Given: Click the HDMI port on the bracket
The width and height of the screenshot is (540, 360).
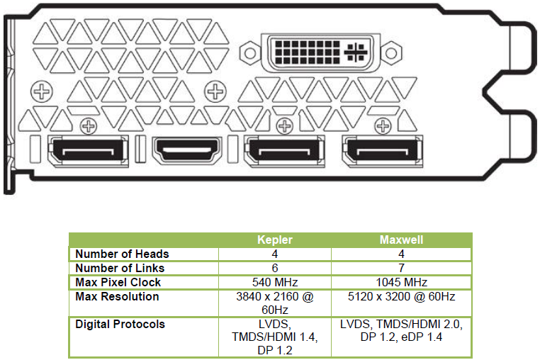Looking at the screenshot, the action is (x=187, y=150).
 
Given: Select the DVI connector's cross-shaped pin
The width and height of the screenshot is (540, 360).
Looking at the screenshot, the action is (x=356, y=52).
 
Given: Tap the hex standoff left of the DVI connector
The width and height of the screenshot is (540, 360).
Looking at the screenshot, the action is (x=250, y=53).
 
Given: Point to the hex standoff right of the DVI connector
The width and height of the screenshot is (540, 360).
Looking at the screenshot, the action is (x=391, y=53).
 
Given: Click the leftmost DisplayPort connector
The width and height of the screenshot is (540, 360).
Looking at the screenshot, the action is (x=88, y=151).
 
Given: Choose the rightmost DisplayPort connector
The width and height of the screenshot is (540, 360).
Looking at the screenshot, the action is (x=383, y=151).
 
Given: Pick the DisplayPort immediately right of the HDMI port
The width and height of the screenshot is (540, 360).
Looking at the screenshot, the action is (x=284, y=151).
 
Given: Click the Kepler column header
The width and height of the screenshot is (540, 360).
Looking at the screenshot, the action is (x=275, y=240).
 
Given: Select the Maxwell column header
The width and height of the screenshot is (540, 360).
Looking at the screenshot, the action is (x=401, y=240).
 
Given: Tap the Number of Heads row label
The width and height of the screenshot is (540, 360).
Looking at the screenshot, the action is (x=123, y=254).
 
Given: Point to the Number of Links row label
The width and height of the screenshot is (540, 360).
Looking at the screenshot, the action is (x=120, y=268).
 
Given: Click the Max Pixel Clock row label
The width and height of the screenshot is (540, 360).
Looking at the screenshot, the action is (x=118, y=282).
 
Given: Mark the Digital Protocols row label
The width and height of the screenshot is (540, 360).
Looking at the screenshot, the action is (x=120, y=324).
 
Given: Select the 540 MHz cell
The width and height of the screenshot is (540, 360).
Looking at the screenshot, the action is (x=275, y=282).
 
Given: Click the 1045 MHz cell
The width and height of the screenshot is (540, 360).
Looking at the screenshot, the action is (x=401, y=282).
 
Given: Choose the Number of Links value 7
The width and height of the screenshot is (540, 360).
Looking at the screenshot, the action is (x=401, y=268).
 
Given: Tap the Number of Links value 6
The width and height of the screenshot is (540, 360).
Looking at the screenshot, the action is (x=275, y=268).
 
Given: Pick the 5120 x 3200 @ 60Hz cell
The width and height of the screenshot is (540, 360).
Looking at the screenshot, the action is (x=401, y=296).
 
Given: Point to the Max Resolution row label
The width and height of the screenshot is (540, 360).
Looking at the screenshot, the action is (x=117, y=296).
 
